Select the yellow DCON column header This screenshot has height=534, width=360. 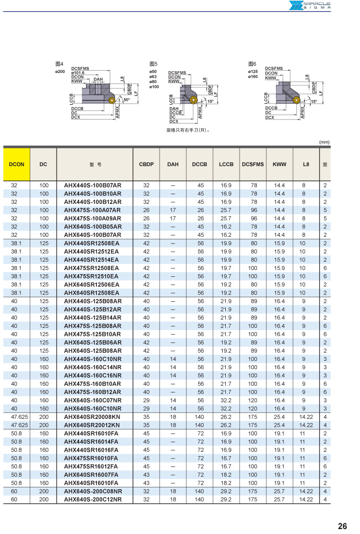tap(17, 164)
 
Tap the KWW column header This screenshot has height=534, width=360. tap(280, 164)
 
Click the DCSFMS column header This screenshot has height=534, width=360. tap(253, 164)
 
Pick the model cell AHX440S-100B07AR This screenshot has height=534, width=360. tap(92, 185)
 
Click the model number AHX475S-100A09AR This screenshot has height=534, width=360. tap(92, 218)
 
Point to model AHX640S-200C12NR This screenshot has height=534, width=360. tap(93, 499)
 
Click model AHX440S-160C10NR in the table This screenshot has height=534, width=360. tap(92, 359)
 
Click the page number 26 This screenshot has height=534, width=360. tap(342, 526)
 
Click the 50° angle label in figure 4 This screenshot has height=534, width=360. tap(127, 100)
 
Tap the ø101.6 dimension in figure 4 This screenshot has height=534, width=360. tap(78, 73)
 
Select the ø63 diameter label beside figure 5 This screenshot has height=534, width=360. tap(153, 76)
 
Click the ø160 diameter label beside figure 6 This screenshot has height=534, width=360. tap(253, 77)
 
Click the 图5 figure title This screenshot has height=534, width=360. tap(154, 64)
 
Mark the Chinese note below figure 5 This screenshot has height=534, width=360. tap(188, 130)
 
